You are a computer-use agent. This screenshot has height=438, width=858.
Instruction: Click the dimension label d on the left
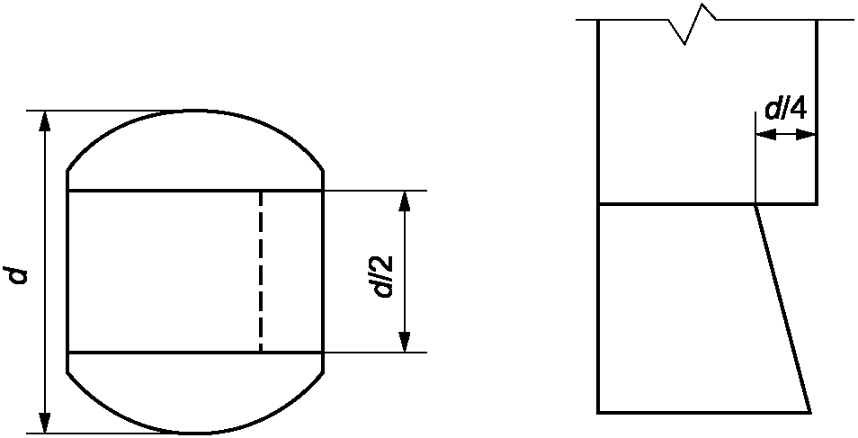(x=19, y=273)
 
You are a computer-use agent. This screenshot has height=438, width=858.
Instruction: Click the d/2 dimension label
(x=384, y=275)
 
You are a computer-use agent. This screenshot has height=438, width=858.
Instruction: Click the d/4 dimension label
(x=785, y=110)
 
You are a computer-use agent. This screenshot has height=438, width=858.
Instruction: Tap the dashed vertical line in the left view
(x=261, y=270)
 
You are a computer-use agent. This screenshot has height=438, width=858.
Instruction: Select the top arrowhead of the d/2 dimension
(x=405, y=201)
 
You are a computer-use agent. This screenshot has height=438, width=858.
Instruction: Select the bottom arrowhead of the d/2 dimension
(x=405, y=341)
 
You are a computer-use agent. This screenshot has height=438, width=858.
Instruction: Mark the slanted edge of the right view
(x=782, y=308)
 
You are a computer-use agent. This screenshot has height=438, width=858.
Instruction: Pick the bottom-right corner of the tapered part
(x=810, y=412)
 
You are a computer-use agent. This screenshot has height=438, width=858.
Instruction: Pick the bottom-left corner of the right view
(x=599, y=412)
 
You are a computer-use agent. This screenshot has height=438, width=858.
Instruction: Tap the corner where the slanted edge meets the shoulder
(x=755, y=204)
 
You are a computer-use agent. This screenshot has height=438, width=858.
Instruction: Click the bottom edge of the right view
(x=702, y=412)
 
